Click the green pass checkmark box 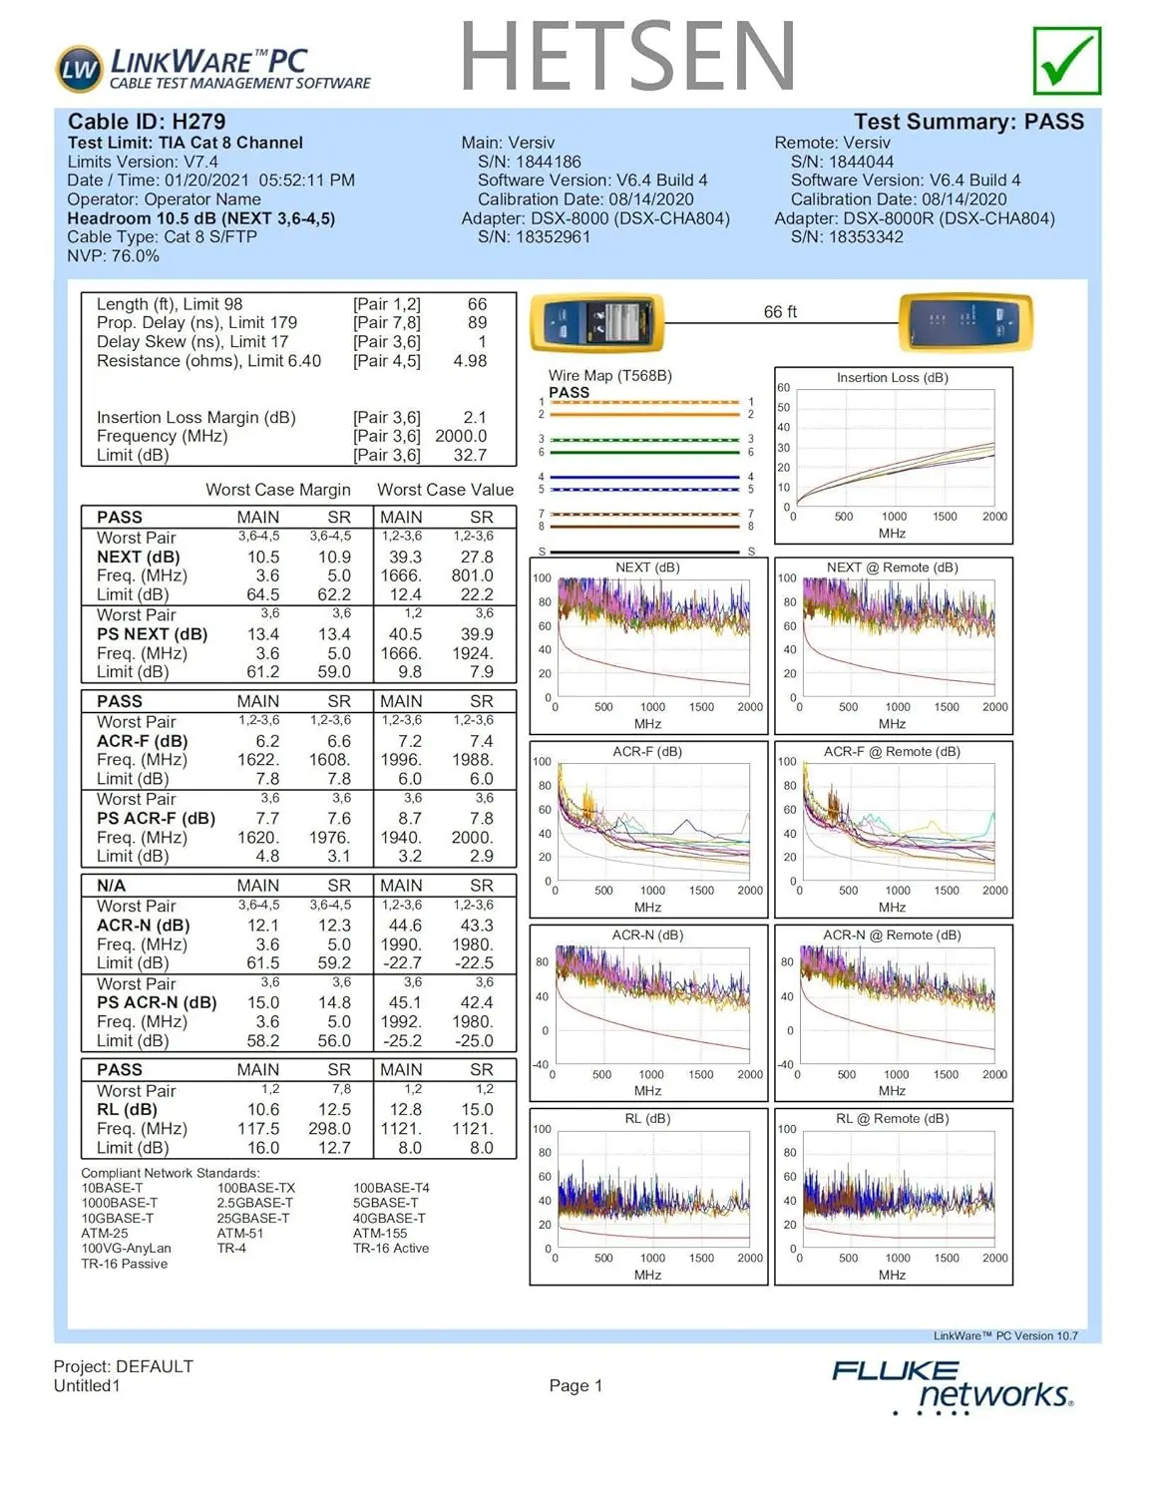click(x=1067, y=61)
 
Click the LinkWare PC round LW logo click(x=79, y=69)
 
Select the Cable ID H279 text click(x=147, y=122)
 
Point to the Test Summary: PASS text click(x=967, y=122)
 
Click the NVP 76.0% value click(x=113, y=256)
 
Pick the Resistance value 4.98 click(x=470, y=361)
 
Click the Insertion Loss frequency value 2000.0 click(x=461, y=436)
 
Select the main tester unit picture click(x=596, y=322)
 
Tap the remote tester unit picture click(x=964, y=322)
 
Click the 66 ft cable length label click(x=780, y=312)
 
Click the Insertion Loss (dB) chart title click(x=892, y=378)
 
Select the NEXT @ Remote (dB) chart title click(x=892, y=567)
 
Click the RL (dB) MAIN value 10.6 click(x=263, y=1109)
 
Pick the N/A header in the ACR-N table click(x=111, y=886)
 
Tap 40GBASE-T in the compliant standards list click(x=389, y=1219)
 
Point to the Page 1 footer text click(x=576, y=1385)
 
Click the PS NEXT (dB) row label click(x=152, y=634)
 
